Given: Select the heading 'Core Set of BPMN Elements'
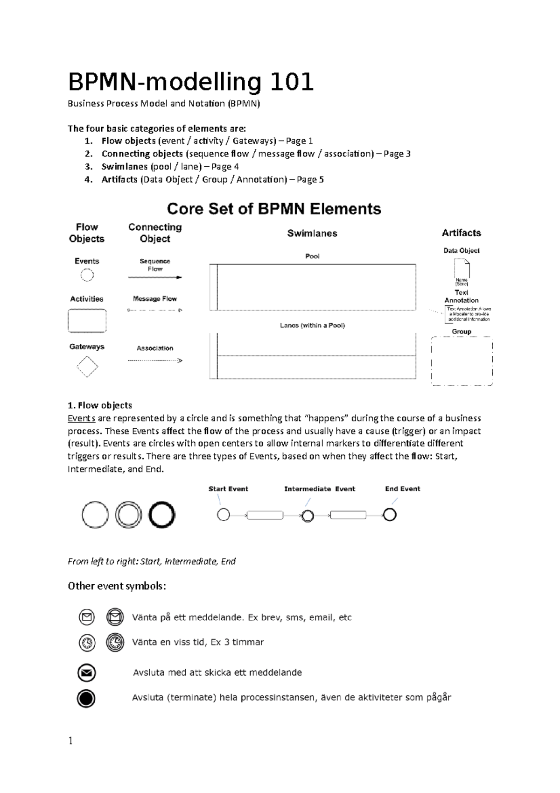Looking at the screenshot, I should point(274,209).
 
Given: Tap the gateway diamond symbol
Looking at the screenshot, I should point(87,367).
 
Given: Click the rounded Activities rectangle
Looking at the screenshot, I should point(87,321).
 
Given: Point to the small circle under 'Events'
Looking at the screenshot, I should point(87,275).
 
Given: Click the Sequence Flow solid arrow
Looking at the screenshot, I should point(155,277).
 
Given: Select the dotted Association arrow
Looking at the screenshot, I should point(155,361).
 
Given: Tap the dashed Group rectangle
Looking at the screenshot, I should point(462,361).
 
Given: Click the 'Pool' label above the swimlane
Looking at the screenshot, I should point(312,256).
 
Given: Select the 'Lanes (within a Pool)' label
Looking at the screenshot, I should point(312,326).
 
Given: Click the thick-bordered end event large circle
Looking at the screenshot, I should point(162,515).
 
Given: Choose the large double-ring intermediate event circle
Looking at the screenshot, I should point(128,515).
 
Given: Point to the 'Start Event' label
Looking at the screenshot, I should point(228,489).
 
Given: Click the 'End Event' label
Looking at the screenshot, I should point(402,489).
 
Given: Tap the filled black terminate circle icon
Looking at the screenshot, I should point(86,699).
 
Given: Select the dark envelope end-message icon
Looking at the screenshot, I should point(86,673).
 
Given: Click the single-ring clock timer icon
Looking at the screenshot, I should point(87,643).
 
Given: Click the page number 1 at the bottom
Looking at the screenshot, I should point(70,741).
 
